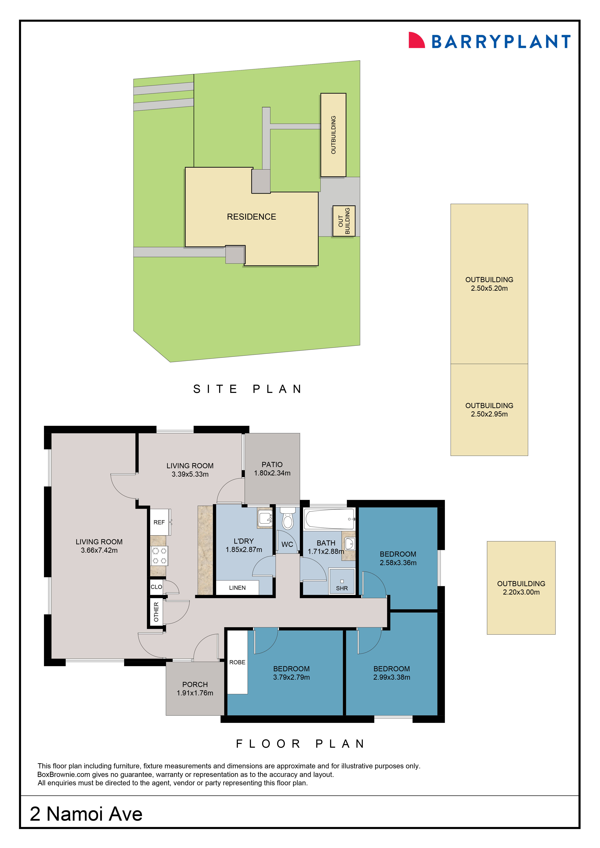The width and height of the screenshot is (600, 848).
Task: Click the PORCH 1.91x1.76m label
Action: tap(195, 688)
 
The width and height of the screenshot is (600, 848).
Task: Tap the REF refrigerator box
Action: tap(159, 522)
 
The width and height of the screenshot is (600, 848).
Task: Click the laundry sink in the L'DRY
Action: tap(265, 518)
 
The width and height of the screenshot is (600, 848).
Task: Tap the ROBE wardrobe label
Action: tap(237, 662)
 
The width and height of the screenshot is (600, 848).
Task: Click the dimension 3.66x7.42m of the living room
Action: tap(99, 550)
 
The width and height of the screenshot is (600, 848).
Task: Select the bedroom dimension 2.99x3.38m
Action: tap(392, 677)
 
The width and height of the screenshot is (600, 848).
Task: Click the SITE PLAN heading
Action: tap(247, 389)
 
